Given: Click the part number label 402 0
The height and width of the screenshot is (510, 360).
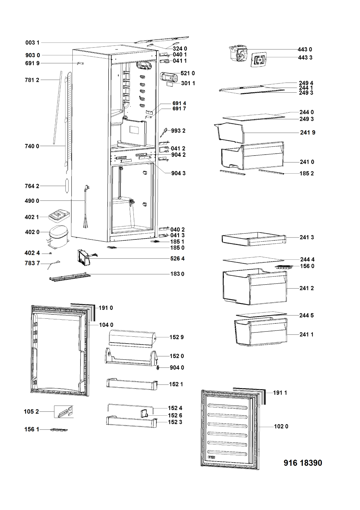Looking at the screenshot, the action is pos(32,232).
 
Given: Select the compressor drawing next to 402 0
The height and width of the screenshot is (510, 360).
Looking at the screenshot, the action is pos(58,236).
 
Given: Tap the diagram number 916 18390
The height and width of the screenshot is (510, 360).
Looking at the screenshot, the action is pos(303,463).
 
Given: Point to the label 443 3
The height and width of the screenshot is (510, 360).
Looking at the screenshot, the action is pos(305,58).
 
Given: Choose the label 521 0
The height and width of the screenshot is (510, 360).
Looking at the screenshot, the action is pos(188,73).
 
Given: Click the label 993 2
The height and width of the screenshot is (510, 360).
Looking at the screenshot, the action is pos(178,131).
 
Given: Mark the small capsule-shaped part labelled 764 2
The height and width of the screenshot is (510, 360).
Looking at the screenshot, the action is pos(67,186).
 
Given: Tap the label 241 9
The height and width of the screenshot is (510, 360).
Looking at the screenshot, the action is pos(307,133).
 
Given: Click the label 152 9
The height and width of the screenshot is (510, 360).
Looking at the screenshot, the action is pos(176,337).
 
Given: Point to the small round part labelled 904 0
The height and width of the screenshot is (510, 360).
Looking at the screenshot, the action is pos(157,368).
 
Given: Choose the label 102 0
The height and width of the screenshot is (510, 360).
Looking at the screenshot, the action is pos(281,426).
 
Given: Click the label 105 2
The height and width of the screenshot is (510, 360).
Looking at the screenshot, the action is pos(31,411).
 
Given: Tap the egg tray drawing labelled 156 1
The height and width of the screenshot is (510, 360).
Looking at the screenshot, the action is pos(59,430).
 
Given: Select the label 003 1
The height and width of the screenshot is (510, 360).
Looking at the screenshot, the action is pos(32,43).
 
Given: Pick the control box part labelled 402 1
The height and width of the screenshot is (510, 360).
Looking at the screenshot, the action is pos(59,216).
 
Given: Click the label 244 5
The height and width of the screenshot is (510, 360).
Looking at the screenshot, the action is pos(306,315).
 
